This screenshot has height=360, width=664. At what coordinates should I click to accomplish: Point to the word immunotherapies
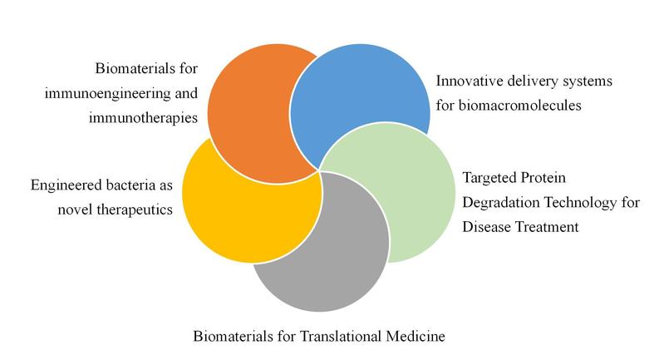143,118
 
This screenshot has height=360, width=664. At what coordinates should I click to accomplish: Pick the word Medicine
416,336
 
